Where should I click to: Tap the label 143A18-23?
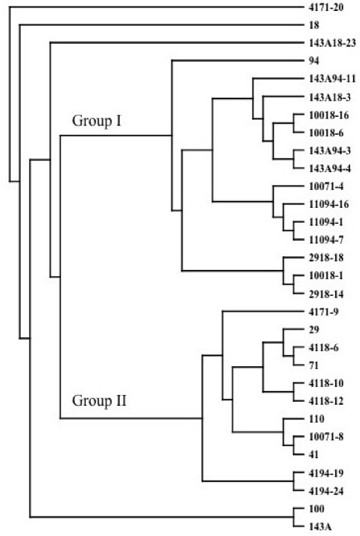coord(327,43)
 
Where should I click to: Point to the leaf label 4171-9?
coord(319,311)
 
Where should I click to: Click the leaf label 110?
coord(309,419)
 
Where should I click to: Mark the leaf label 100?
coord(309,508)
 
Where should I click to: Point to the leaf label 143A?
coord(312,526)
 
